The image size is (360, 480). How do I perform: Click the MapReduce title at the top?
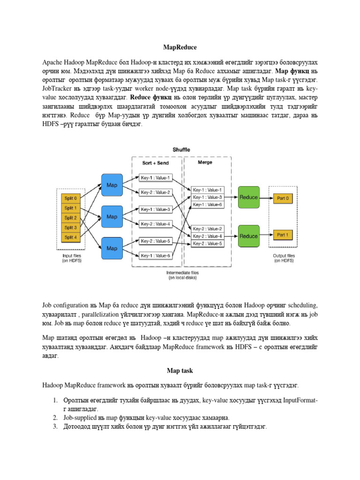point(180,47)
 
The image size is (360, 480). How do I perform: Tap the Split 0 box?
point(71,198)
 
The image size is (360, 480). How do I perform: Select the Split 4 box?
point(71,237)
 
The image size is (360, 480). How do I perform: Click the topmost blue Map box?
point(112,185)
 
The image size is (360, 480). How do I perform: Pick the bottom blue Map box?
point(112,247)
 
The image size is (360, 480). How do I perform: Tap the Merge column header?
point(205,162)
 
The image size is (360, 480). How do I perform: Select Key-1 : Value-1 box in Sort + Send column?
point(156,177)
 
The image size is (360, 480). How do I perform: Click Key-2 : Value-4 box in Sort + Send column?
point(156,224)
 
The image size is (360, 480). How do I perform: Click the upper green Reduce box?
point(248,197)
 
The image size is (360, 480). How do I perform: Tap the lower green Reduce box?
point(248,236)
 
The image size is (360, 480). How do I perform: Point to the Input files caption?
point(72,258)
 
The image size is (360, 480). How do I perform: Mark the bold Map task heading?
point(180,370)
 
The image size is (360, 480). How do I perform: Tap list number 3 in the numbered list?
point(55,426)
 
